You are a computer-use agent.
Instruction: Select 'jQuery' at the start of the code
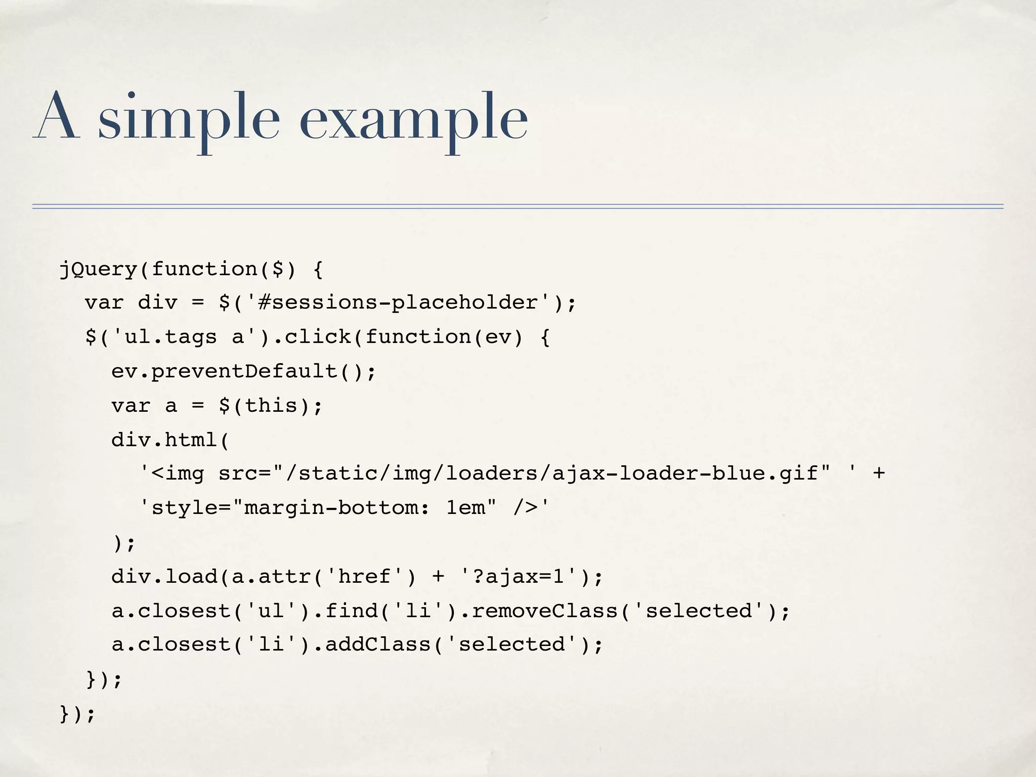pos(98,269)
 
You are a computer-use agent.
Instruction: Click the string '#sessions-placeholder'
pos(398,303)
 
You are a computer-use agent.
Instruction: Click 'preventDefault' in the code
pos(244,372)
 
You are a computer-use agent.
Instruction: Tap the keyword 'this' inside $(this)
pos(271,406)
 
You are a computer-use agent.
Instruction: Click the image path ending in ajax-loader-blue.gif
pos(551,474)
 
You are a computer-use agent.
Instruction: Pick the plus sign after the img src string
pos(879,474)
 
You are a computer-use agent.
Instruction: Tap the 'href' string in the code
pos(364,577)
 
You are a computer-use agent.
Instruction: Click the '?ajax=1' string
pos(518,577)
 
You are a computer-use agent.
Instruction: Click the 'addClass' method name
pos(377,644)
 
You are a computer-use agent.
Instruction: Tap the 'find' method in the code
pos(351,611)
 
